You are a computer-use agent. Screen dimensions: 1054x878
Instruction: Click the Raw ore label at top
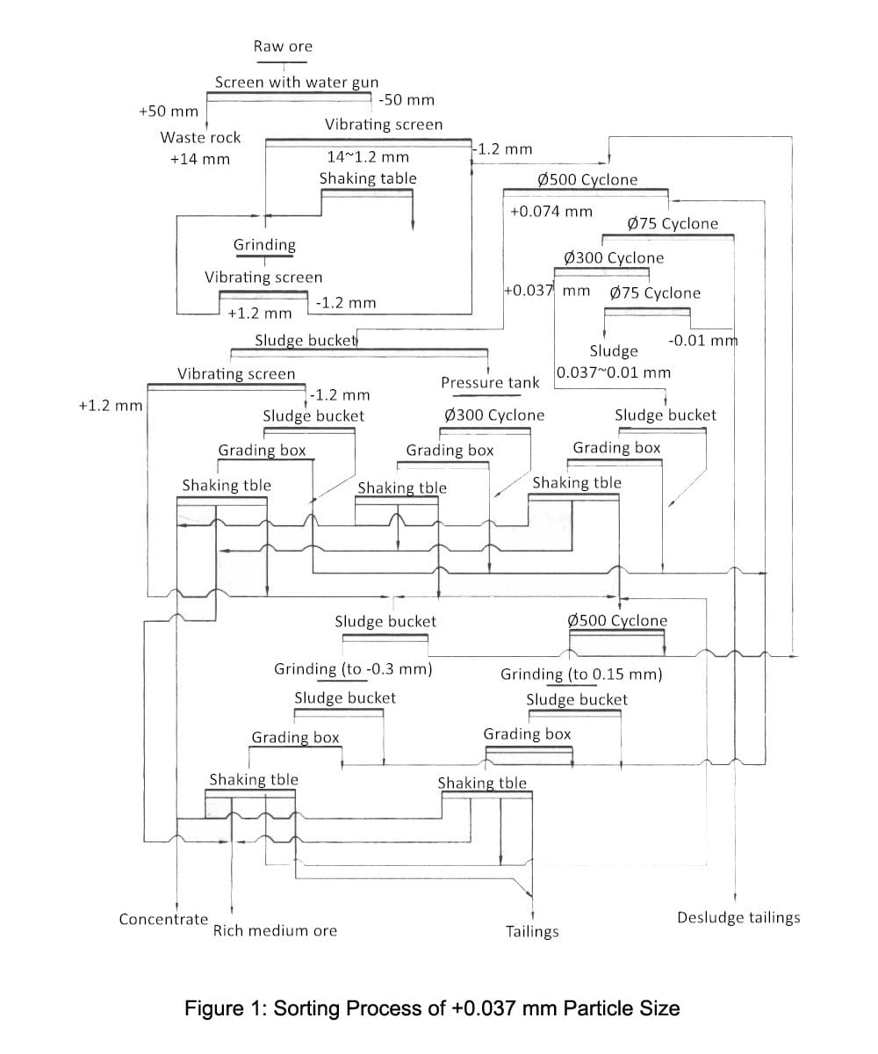(x=283, y=47)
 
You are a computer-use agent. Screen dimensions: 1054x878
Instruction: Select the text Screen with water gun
(x=297, y=83)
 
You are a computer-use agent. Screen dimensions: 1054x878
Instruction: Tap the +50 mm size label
(x=169, y=112)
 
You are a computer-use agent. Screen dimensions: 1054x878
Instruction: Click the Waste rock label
(x=200, y=138)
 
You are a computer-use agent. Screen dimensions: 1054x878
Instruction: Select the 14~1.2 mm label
(x=368, y=157)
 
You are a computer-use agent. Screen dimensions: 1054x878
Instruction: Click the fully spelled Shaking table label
(x=368, y=178)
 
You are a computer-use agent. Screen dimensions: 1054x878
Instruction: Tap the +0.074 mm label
(x=551, y=212)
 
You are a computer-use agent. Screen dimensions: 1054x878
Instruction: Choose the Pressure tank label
(x=490, y=383)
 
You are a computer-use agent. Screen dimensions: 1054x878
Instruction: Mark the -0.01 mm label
(x=703, y=341)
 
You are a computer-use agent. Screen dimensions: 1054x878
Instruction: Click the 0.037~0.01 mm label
(x=614, y=372)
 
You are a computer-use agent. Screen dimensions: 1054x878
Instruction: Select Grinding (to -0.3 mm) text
(x=353, y=669)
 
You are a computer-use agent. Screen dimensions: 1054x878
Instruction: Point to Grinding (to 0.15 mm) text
(x=581, y=675)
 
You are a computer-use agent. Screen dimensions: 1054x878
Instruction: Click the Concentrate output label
(x=163, y=920)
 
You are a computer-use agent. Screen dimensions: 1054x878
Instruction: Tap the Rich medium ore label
(x=275, y=931)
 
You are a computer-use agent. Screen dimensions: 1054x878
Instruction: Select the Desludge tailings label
(x=738, y=918)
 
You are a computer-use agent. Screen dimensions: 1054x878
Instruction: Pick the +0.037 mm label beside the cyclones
(x=547, y=291)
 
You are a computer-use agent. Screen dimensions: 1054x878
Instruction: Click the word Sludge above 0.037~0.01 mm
(x=614, y=351)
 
